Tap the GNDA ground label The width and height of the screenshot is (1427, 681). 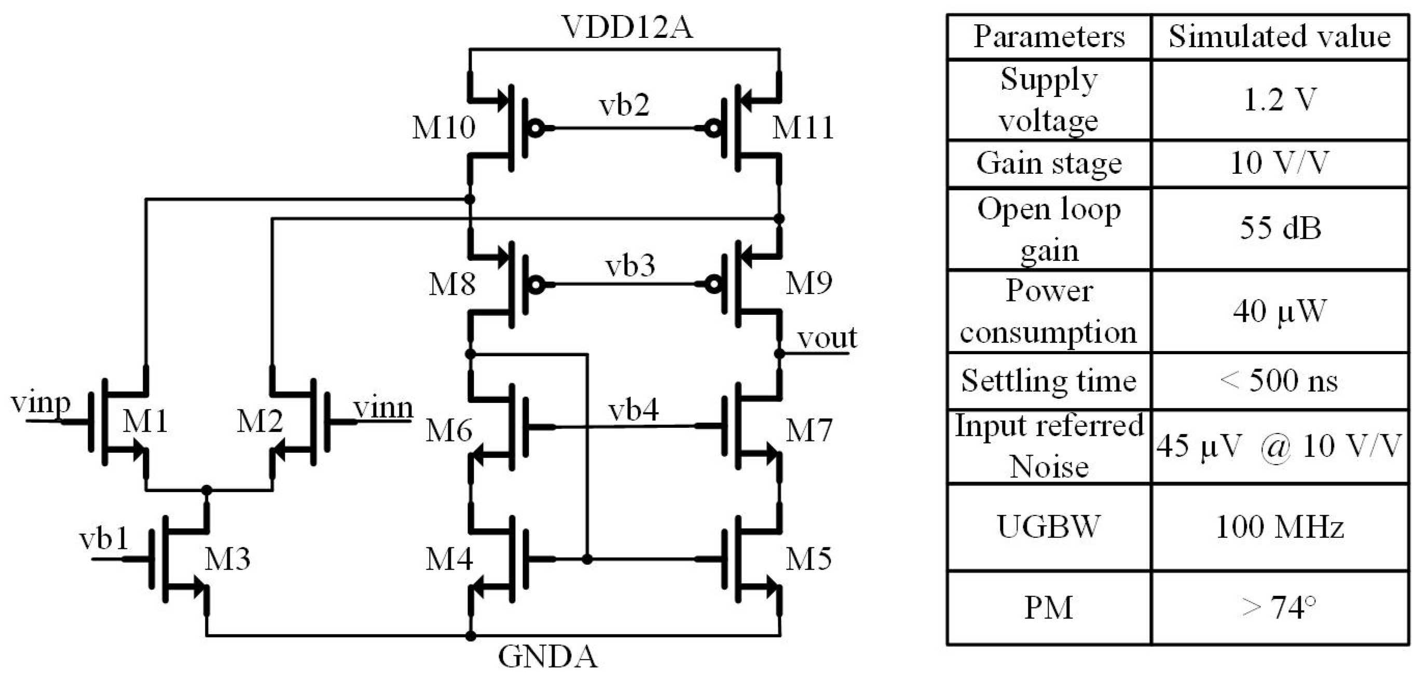(547, 657)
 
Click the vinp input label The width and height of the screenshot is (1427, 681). (40, 403)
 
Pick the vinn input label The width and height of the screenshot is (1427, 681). (383, 409)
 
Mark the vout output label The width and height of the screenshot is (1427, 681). (827, 338)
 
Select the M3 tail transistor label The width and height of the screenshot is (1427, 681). (227, 559)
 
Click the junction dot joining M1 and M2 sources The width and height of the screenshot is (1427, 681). (207, 491)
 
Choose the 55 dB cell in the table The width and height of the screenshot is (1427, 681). (1280, 228)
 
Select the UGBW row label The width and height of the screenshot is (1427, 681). (1048, 526)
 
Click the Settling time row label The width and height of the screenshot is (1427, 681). (1048, 381)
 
